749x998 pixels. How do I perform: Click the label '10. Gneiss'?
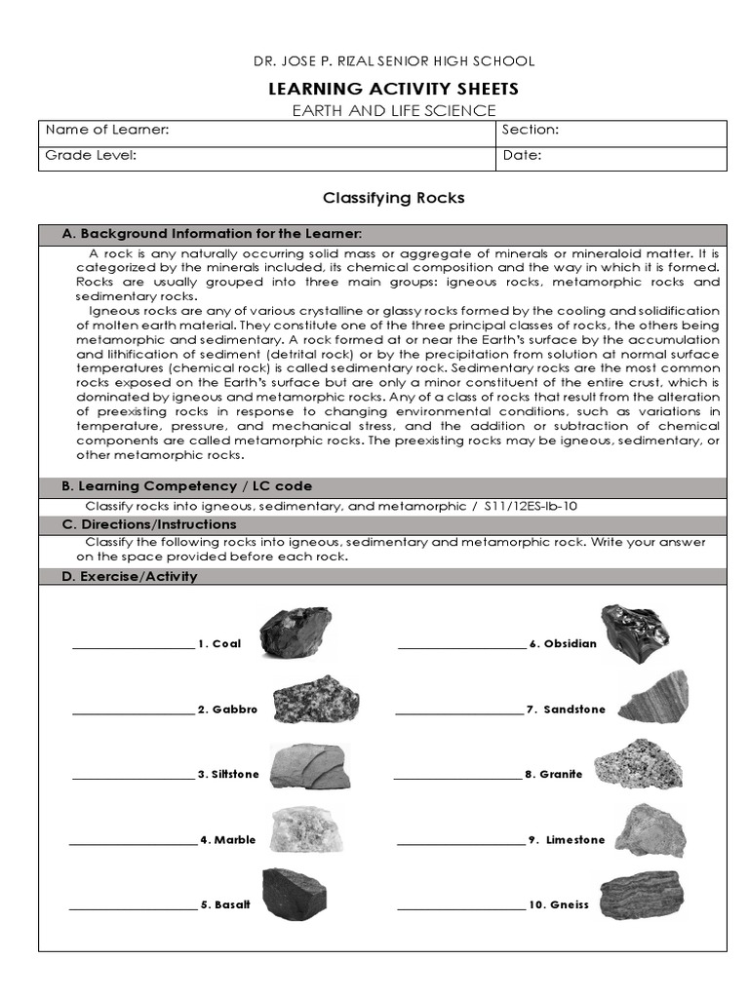coord(559,904)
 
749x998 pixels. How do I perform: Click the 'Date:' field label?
coord(522,155)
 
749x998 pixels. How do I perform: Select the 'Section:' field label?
coord(530,131)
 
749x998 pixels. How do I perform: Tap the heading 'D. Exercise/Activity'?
coord(129,576)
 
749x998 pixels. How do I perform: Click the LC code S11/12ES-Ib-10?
coord(537,507)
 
